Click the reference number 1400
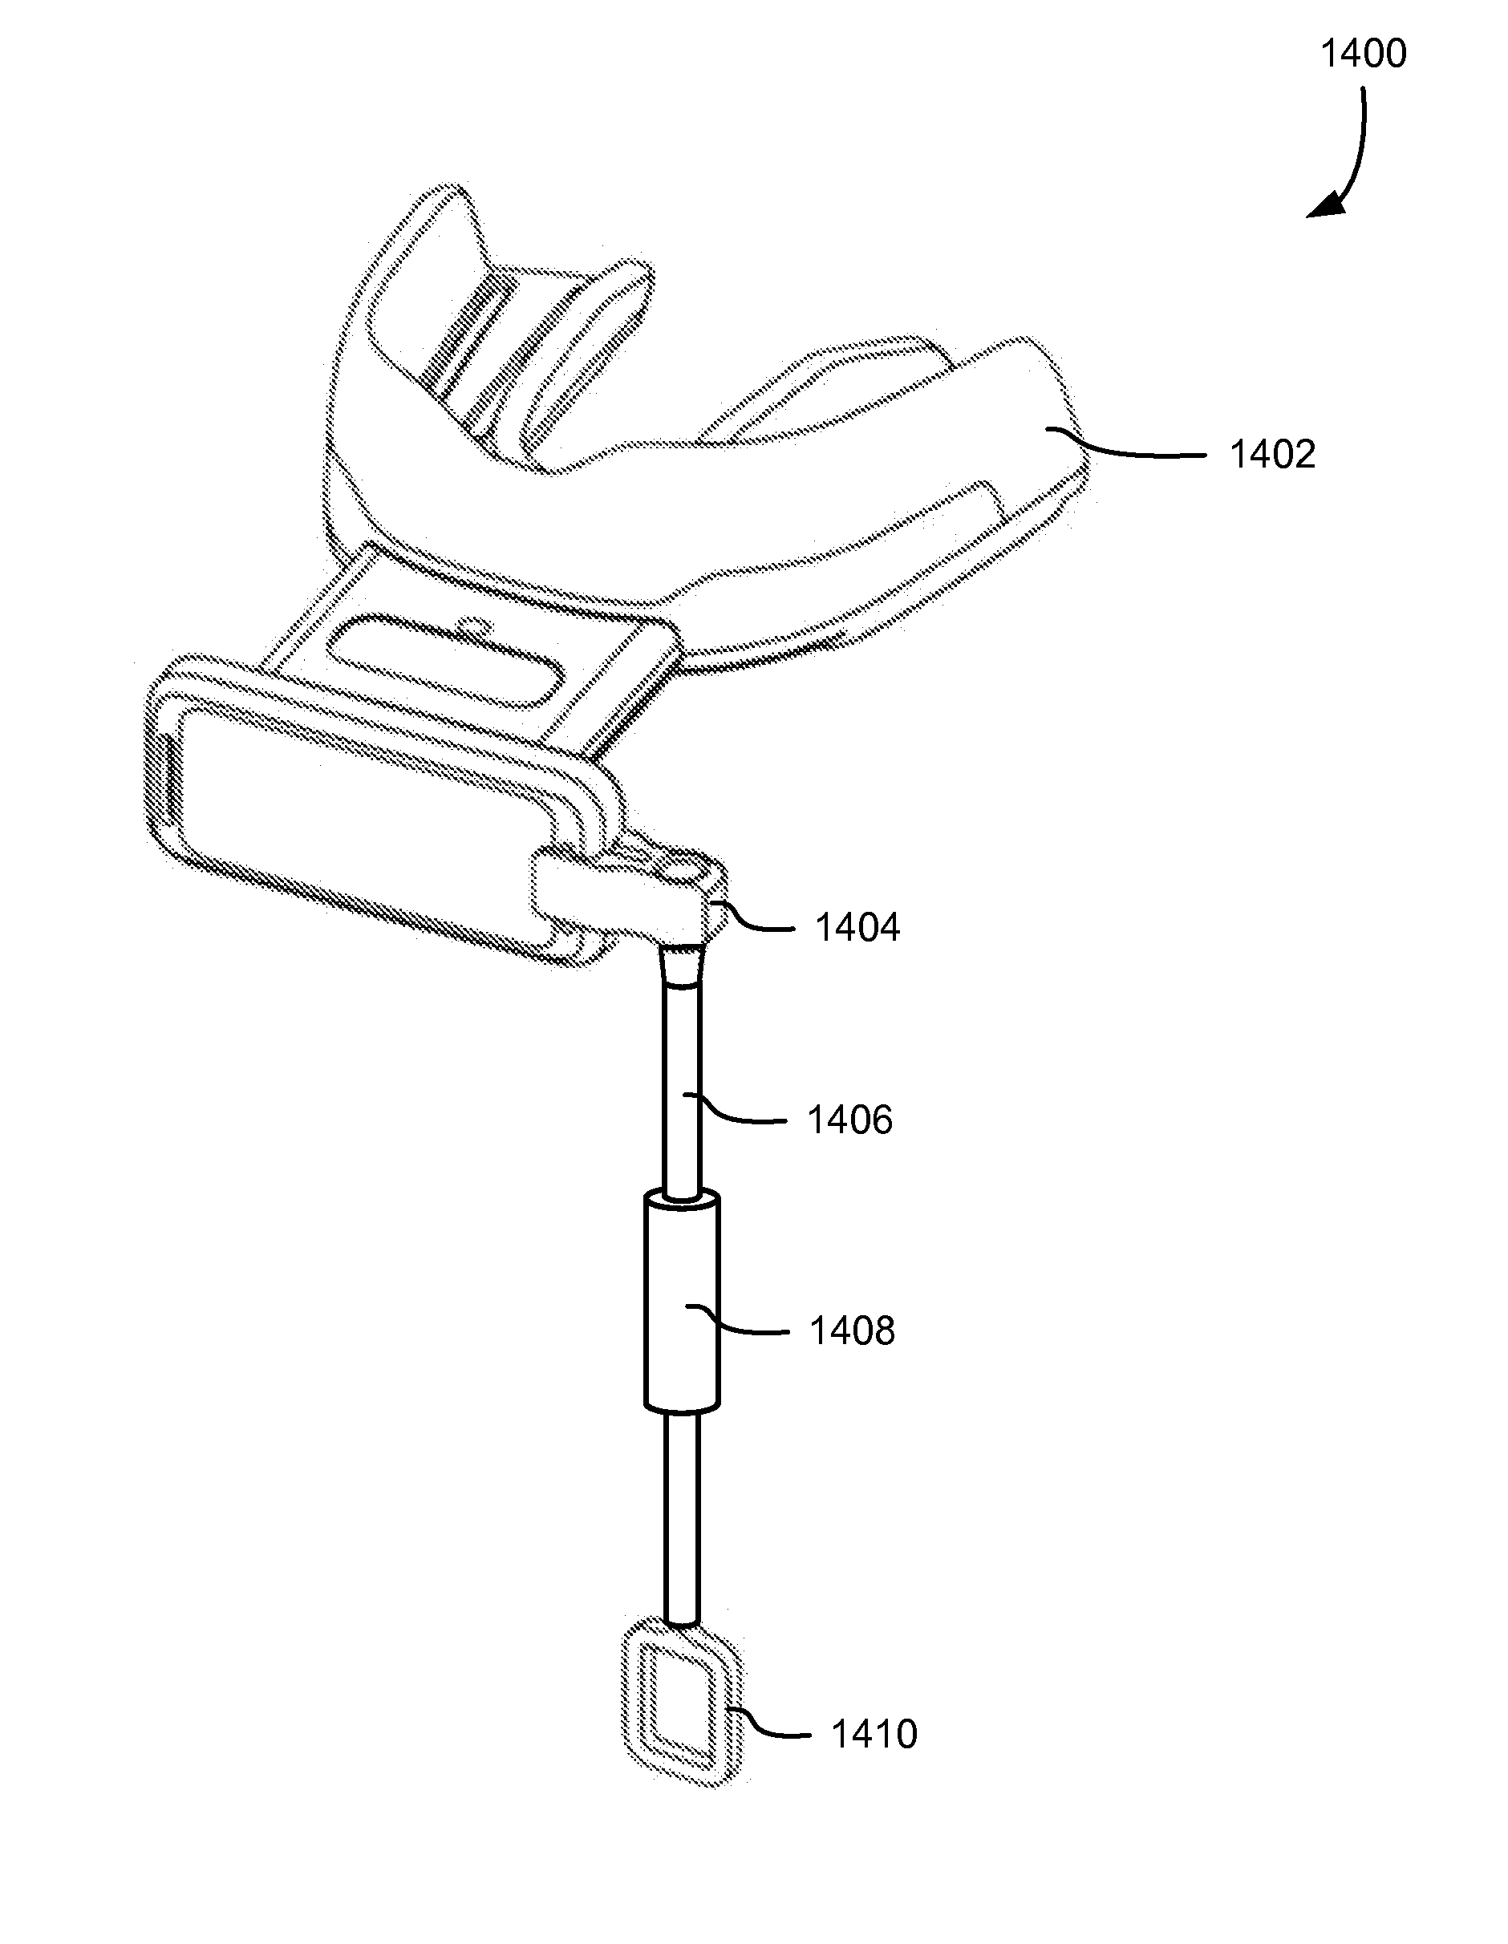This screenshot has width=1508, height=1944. (x=1363, y=55)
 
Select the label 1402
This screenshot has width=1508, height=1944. (x=1271, y=455)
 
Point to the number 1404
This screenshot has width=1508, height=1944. (x=857, y=928)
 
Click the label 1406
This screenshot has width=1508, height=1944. (x=849, y=1120)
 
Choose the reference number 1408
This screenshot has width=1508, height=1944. (x=851, y=1330)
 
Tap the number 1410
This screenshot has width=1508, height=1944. (x=874, y=1734)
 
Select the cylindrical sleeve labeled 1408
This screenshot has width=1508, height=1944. (x=681, y=1304)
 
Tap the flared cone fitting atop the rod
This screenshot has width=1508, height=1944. (x=682, y=966)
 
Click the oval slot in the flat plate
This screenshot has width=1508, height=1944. (x=445, y=662)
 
